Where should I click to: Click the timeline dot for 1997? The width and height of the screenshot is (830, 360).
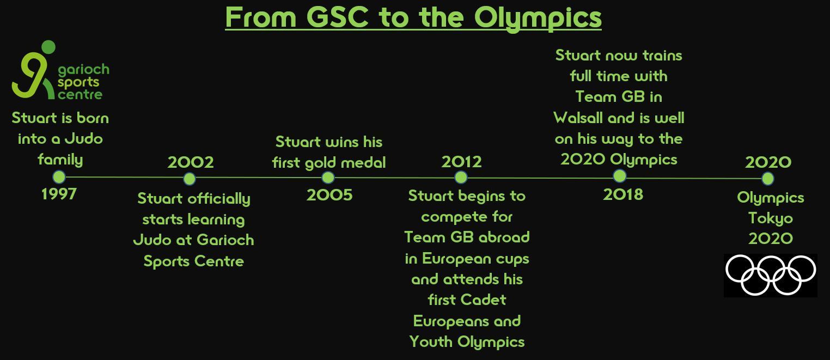59,177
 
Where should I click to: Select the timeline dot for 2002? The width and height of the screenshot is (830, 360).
190,179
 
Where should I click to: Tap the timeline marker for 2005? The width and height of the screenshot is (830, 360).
328,178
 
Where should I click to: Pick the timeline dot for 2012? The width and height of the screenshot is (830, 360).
461,178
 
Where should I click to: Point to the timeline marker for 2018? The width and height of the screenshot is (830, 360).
620,176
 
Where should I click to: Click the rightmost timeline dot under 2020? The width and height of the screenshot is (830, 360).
768,179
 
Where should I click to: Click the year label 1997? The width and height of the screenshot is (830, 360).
59,194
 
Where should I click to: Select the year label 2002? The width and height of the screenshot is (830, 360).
191,162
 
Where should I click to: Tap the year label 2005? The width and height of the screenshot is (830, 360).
329,195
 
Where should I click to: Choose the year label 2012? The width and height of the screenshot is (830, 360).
461,162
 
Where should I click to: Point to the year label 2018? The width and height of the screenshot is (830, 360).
623,194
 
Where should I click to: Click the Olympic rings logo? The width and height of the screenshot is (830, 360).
770,275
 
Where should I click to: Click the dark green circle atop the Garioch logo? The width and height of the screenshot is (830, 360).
48,47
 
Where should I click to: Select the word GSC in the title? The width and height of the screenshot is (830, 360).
337,17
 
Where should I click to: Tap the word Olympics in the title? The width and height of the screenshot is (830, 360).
538,19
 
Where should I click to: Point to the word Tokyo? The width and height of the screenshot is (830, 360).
771,218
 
